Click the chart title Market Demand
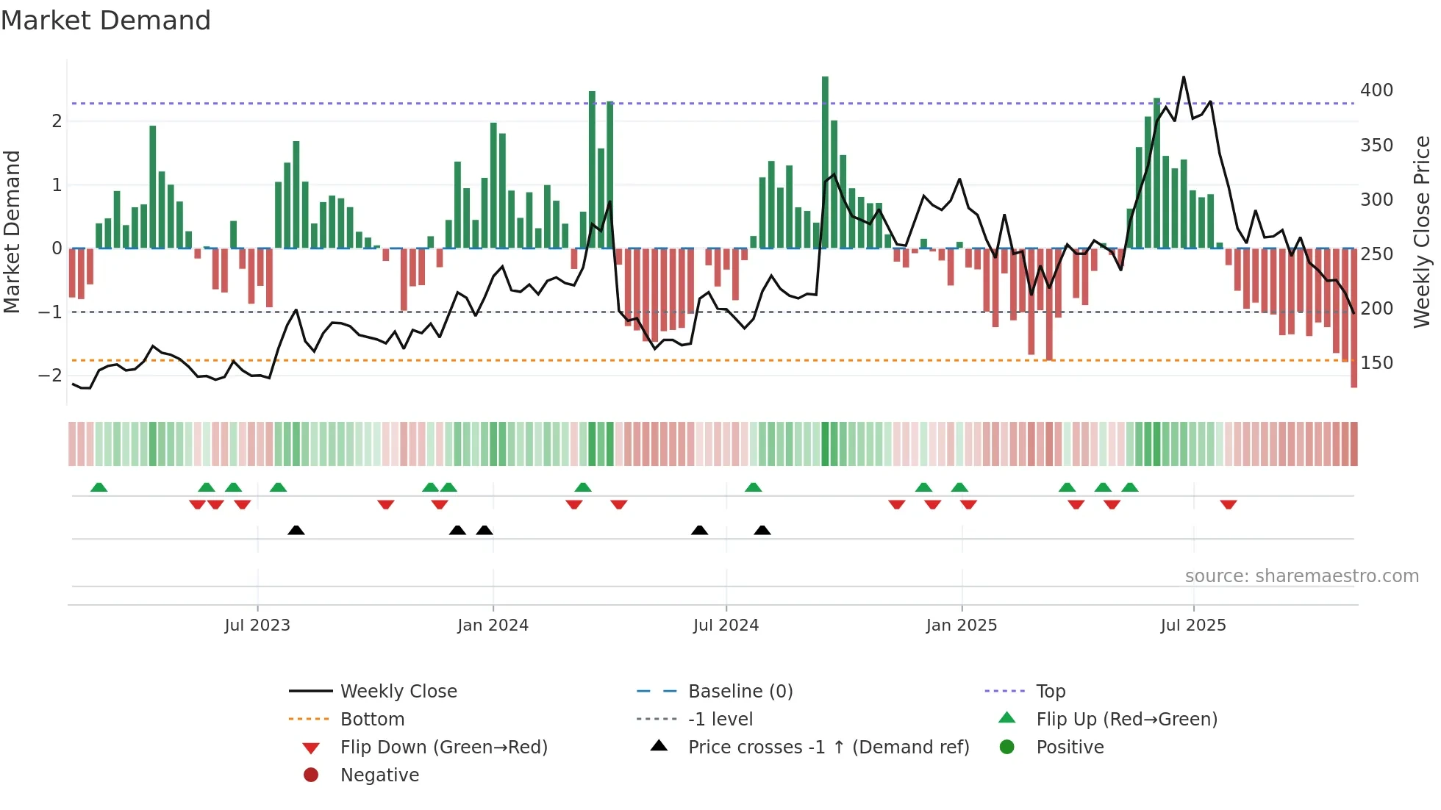tap(106, 21)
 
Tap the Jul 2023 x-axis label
tap(257, 626)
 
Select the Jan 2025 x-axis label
tap(961, 626)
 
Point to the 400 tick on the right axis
tap(1376, 90)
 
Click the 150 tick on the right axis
tap(1376, 363)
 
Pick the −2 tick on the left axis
tap(50, 376)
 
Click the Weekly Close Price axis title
tap(1422, 232)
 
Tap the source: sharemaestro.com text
tap(1301, 576)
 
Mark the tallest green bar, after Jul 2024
tap(825, 162)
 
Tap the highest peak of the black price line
tap(1184, 77)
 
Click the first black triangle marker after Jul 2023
tap(296, 530)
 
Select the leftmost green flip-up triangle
tap(99, 487)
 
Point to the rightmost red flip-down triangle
tap(1228, 504)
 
